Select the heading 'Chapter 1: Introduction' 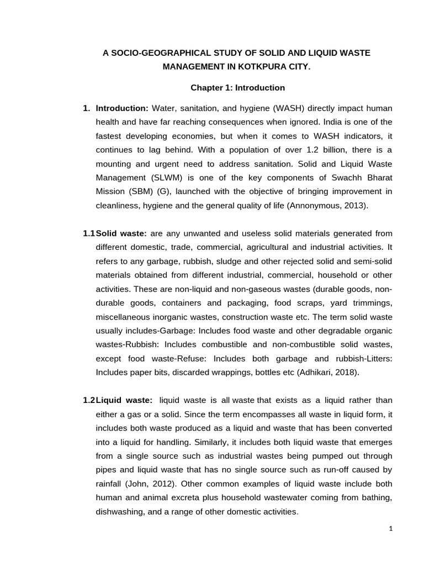pyautogui.click(x=238, y=88)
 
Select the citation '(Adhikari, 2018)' pyautogui.click(x=328, y=372)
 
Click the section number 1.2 pyautogui.click(x=89, y=400)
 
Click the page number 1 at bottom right pyautogui.click(x=391, y=529)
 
